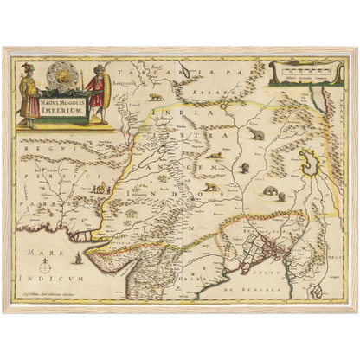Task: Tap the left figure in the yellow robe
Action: [28, 93]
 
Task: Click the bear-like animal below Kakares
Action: [257, 136]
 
